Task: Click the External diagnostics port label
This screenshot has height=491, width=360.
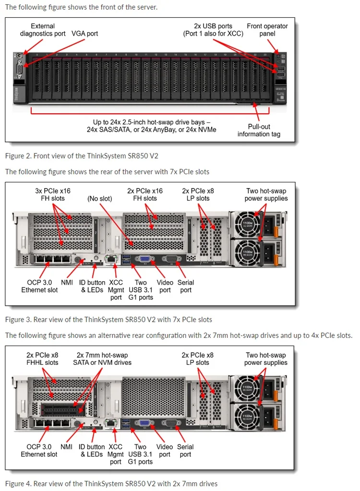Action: coord(43,30)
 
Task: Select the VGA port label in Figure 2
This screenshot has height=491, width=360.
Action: coord(84,34)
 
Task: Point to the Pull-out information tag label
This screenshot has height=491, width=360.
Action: coord(259,130)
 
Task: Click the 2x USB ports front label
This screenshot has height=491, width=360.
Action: coord(214,30)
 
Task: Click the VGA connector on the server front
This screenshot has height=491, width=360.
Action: coord(18,70)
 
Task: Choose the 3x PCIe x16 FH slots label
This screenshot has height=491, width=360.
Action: coord(53,194)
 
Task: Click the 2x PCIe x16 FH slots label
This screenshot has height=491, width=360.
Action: coord(144,194)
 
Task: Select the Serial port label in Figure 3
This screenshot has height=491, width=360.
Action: coord(186,286)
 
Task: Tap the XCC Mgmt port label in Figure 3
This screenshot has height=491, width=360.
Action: coord(116,290)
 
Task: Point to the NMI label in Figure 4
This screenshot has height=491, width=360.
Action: coord(67,447)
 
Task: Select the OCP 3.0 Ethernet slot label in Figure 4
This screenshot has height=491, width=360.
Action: coord(39,451)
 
